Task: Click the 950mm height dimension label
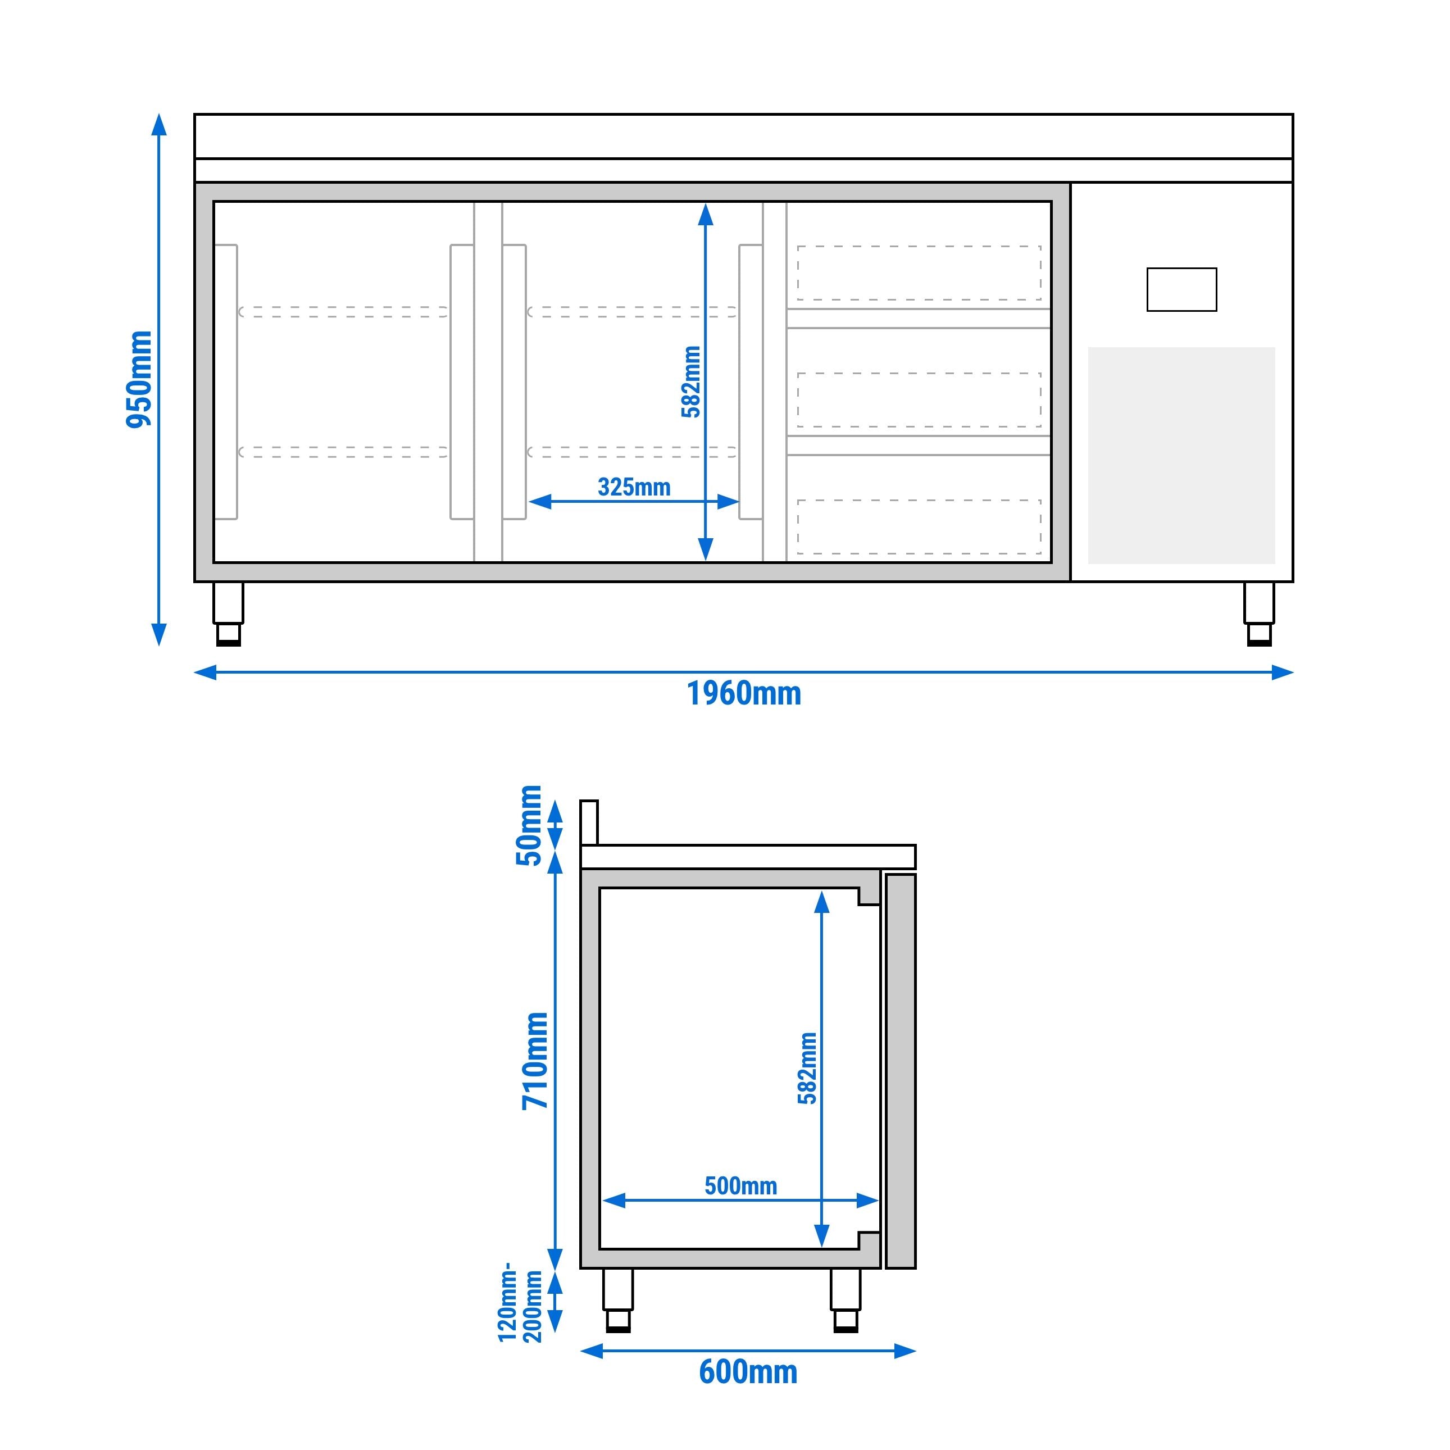tap(139, 379)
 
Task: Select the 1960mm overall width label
tap(744, 693)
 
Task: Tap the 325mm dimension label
tap(634, 487)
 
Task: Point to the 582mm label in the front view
tap(690, 381)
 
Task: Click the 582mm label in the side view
tap(807, 1068)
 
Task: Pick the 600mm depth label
tap(748, 1372)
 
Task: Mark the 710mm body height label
tap(536, 1061)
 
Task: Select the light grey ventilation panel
tap(1181, 455)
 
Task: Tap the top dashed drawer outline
tap(919, 272)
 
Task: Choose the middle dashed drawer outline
tap(919, 399)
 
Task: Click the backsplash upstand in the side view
tap(589, 822)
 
